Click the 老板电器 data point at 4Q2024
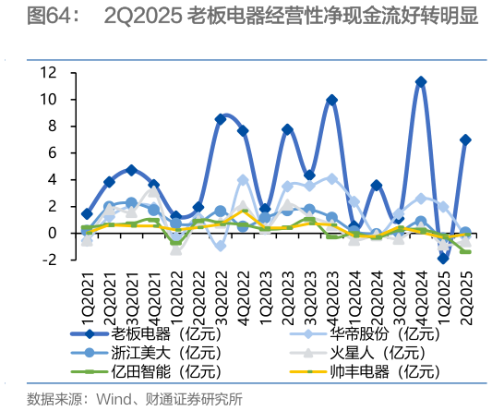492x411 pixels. click(x=421, y=82)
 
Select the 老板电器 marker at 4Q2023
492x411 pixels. click(x=331, y=100)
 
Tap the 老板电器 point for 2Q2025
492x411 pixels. click(x=465, y=139)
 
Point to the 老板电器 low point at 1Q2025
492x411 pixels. click(x=443, y=259)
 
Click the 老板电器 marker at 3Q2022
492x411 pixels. click(x=221, y=119)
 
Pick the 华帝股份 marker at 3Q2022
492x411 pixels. click(x=221, y=246)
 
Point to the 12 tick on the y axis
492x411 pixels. click(x=51, y=72)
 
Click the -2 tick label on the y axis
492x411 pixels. click(x=51, y=260)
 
